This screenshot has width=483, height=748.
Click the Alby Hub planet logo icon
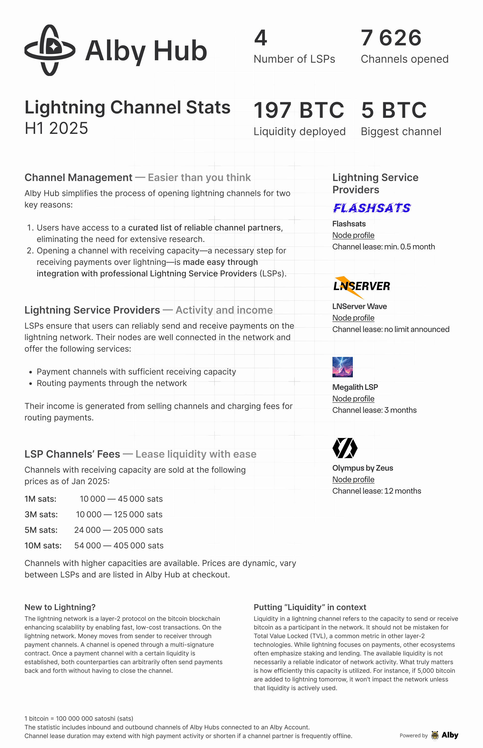click(50, 50)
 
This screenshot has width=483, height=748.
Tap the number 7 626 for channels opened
click(391, 38)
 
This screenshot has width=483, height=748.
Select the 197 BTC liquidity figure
click(299, 110)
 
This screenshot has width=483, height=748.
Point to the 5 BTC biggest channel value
click(394, 110)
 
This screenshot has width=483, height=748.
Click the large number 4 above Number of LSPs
click(260, 38)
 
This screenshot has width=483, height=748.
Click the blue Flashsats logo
click(372, 208)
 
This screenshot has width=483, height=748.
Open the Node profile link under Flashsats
click(353, 235)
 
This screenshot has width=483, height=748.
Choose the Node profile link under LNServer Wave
click(353, 318)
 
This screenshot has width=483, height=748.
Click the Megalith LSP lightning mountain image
click(342, 367)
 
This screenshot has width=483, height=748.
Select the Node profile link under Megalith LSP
click(353, 399)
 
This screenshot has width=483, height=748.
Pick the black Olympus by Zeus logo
click(345, 448)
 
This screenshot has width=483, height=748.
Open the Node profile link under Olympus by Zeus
click(353, 480)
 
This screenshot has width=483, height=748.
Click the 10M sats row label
click(43, 546)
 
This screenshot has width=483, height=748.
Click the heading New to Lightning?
click(60, 607)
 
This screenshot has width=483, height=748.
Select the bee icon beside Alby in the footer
click(435, 735)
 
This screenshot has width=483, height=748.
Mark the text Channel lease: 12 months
click(376, 491)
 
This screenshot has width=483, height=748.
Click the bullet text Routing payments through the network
click(112, 383)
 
